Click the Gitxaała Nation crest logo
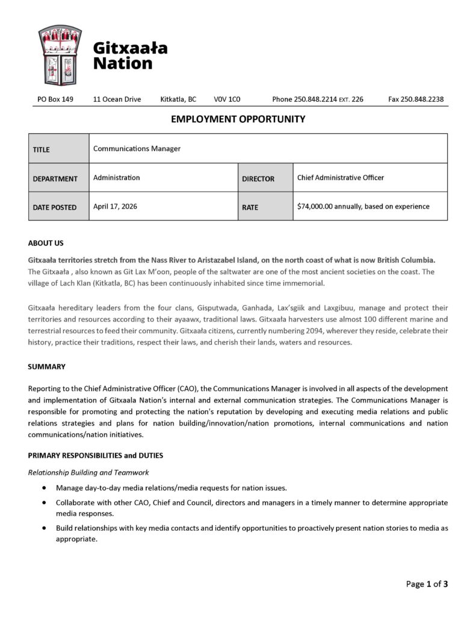(60, 55)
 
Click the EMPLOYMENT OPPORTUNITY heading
(238, 119)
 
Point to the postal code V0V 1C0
(227, 99)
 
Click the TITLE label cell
(59, 149)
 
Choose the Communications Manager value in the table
(137, 149)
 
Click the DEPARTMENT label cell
(59, 178)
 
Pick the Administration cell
(117, 178)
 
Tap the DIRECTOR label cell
(265, 178)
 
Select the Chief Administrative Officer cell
(341, 178)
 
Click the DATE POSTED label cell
(59, 207)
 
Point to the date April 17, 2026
(115, 206)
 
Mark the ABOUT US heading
(46, 243)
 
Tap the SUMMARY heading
(47, 366)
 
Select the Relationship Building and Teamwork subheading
(88, 472)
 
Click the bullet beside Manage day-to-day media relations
(45, 487)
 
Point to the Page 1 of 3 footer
(427, 584)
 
